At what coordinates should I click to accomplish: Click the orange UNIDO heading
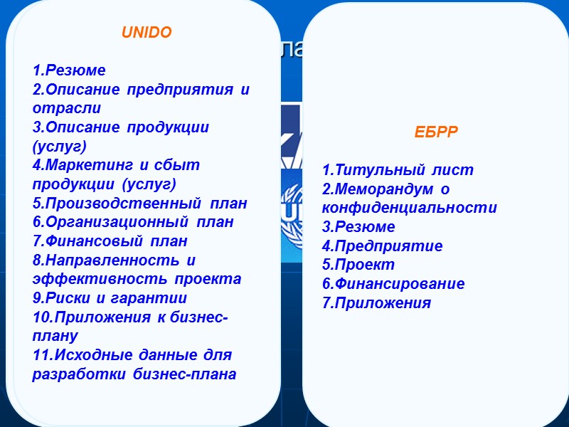[147, 33]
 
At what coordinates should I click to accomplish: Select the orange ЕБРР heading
[436, 132]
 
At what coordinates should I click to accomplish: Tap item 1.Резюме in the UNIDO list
[69, 70]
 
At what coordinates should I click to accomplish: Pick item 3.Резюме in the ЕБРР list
[358, 227]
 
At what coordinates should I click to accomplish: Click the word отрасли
[66, 108]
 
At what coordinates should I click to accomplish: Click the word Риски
[70, 297]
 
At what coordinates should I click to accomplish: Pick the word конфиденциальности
[409, 209]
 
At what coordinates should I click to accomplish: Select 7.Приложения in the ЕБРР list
[376, 302]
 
